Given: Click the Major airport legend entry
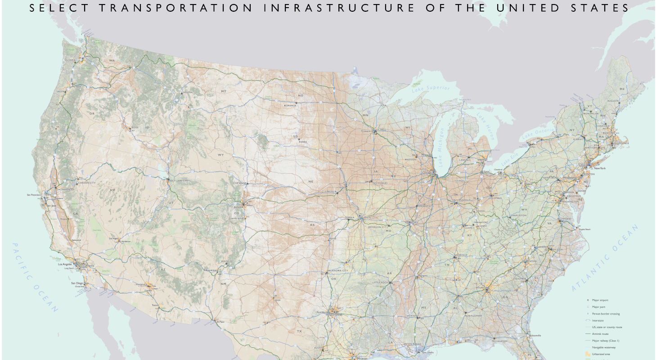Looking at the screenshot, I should tap(602, 300).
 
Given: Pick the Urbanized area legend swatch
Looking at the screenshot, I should tap(587, 355).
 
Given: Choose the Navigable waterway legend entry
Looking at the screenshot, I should tap(604, 347).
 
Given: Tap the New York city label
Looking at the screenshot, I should tap(600, 168).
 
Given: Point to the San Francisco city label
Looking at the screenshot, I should tap(33, 195).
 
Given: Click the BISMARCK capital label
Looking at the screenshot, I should tap(290, 105).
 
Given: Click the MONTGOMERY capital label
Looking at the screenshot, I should tap(473, 315).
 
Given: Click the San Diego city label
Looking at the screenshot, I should tap(77, 283).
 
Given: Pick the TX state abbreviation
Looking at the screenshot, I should tap(299, 332).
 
